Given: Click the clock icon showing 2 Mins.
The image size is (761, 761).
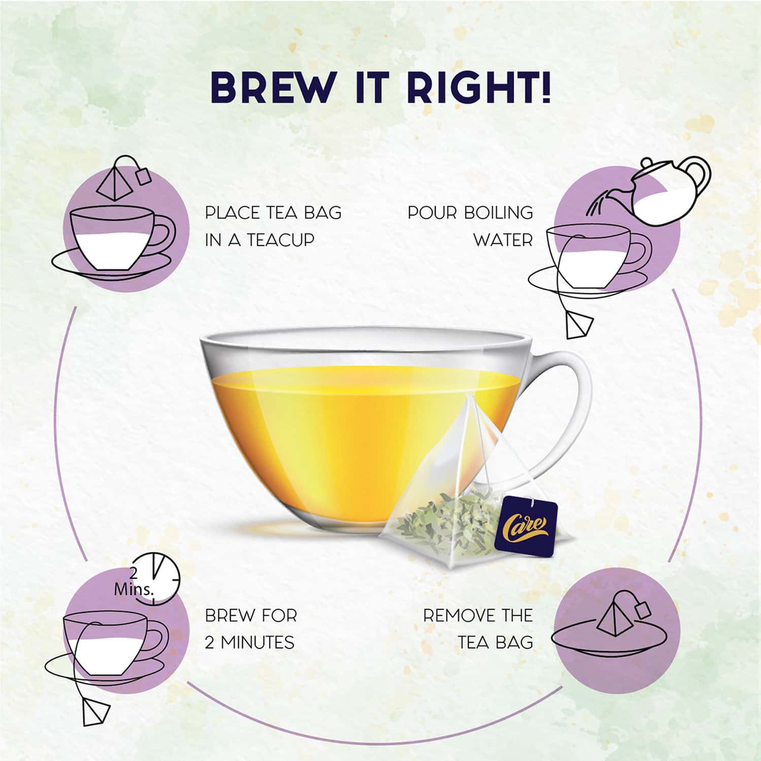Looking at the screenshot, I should tap(157, 579).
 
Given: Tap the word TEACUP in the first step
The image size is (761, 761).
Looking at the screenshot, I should tap(282, 240).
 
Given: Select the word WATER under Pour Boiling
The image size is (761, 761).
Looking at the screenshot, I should tap(503, 240).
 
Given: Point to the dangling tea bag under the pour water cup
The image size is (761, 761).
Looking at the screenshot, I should tap(579, 323).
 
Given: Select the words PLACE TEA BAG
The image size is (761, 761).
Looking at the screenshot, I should tap(273, 213).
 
